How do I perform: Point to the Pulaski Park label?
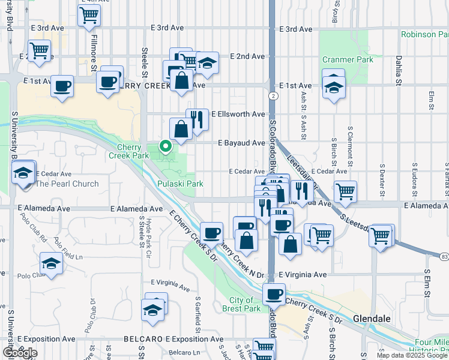[x=180, y=184]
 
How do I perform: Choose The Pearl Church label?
[x=67, y=184]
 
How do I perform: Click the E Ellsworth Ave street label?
[x=242, y=114]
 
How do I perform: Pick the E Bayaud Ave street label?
[x=241, y=143]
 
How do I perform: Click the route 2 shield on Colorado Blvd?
[x=273, y=96]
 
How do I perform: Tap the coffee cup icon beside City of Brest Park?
[x=274, y=294]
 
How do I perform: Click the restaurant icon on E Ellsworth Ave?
[x=197, y=119]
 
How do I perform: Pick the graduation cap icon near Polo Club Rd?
[x=51, y=263]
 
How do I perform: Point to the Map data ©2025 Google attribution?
[x=412, y=355]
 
